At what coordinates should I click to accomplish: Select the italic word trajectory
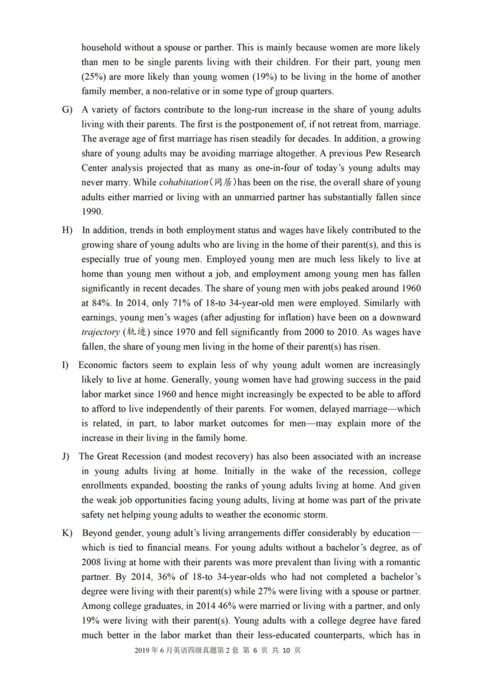click(100, 332)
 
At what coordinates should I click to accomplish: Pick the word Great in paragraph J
click(109, 456)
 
